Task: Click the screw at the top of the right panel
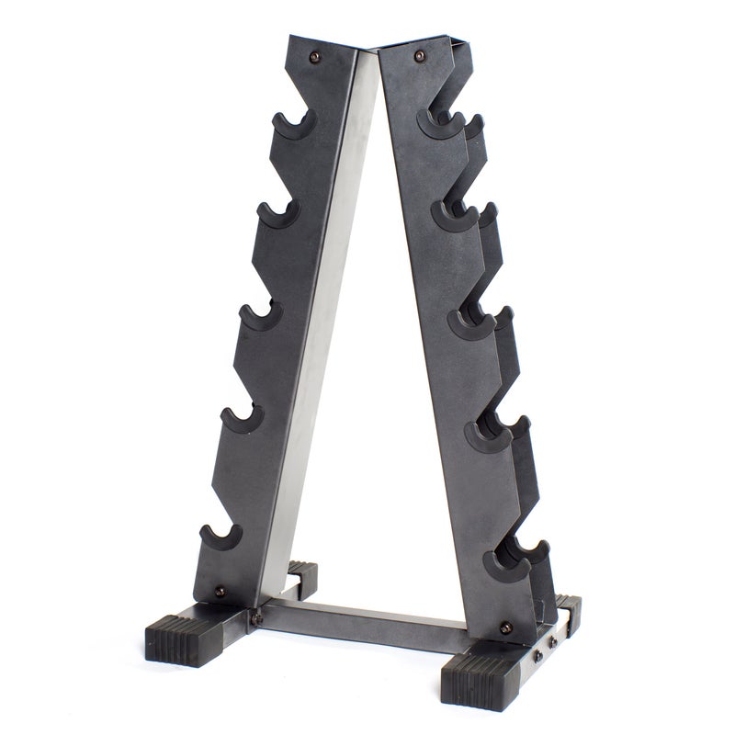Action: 421,57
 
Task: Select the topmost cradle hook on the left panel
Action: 293,127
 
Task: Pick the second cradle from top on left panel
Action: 277,214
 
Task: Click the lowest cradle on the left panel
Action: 221,537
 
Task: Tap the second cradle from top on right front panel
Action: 453,218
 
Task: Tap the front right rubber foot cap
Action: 479,678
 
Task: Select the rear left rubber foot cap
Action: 303,576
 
